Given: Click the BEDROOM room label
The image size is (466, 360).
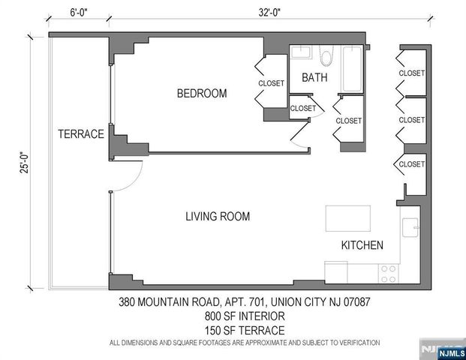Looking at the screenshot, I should click(201, 94).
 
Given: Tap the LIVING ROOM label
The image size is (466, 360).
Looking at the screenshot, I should click(218, 217).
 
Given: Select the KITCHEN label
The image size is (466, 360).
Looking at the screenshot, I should click(362, 245).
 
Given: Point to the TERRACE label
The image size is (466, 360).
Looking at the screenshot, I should click(80, 134).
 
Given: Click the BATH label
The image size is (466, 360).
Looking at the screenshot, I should click(314, 78).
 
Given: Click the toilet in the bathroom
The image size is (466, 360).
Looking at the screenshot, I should click(326, 56).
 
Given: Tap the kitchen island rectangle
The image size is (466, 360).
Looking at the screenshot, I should click(349, 220).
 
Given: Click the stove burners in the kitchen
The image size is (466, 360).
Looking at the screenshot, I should click(389, 274).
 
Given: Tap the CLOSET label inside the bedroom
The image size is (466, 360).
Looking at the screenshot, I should click(271, 83).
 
